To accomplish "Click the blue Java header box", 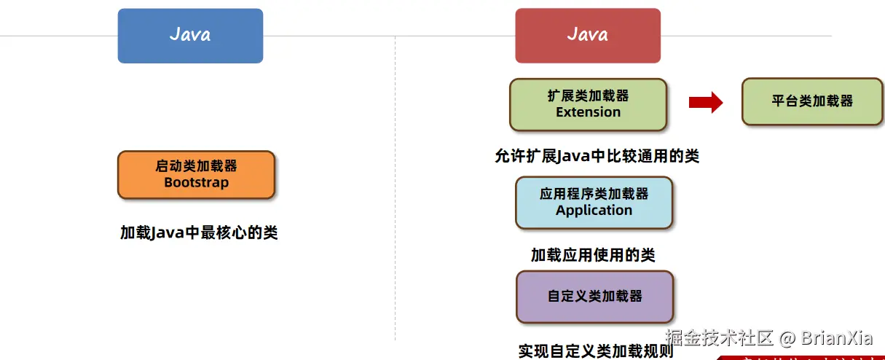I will [190, 36].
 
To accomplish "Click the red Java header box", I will [587, 36].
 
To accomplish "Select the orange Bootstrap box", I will [196, 175].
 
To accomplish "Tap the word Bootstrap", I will [196, 183].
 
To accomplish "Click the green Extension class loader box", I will [588, 104].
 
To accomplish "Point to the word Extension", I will [588, 112].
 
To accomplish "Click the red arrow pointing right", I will [705, 103].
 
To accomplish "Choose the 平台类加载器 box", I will [812, 101].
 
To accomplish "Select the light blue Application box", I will [594, 203].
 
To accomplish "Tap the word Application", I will [594, 211].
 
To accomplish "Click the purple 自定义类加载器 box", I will [594, 297].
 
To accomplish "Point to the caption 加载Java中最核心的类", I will [199, 233].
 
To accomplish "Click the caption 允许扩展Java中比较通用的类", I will [596, 156].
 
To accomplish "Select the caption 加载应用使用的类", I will [593, 255].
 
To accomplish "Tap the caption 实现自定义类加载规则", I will [596, 351].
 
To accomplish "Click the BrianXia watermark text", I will [836, 338].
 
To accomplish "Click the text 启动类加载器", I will [196, 166].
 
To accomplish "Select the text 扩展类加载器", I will [588, 95].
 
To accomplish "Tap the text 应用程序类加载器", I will [594, 194].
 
